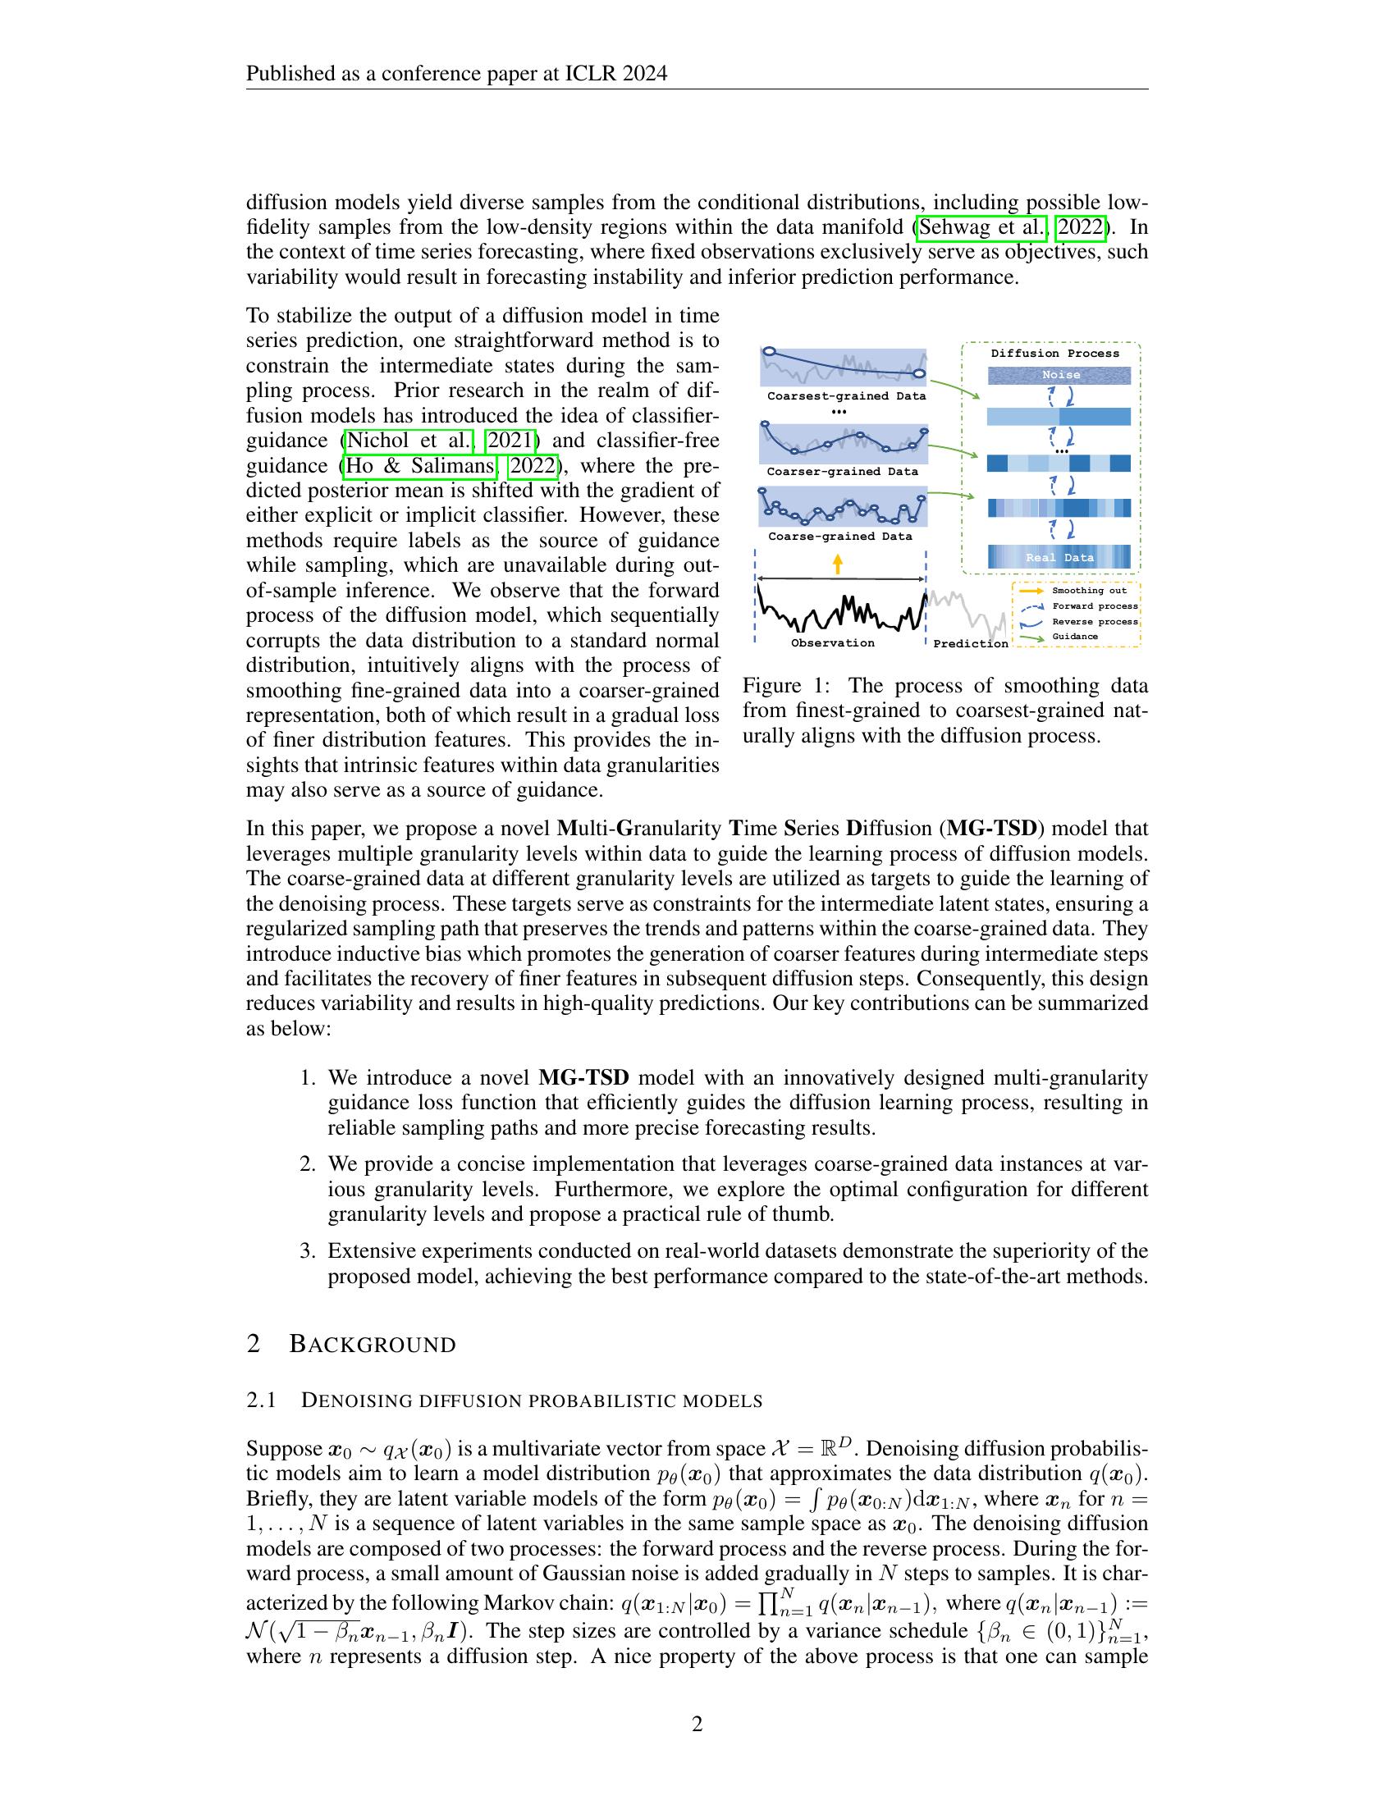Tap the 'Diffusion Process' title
(x=1054, y=354)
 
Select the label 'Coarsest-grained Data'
(x=846, y=396)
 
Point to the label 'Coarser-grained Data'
(x=842, y=472)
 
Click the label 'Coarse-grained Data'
(x=839, y=537)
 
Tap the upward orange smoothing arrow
(x=838, y=564)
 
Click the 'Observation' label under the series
(x=832, y=643)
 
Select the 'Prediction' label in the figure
(x=970, y=644)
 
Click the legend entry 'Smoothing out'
(x=1088, y=591)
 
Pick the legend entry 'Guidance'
(x=1074, y=637)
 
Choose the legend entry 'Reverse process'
(x=1094, y=622)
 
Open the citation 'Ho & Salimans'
(x=420, y=466)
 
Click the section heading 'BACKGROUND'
(x=372, y=1345)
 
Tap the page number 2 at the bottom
(x=697, y=1724)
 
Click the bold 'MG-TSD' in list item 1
(x=583, y=1078)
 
